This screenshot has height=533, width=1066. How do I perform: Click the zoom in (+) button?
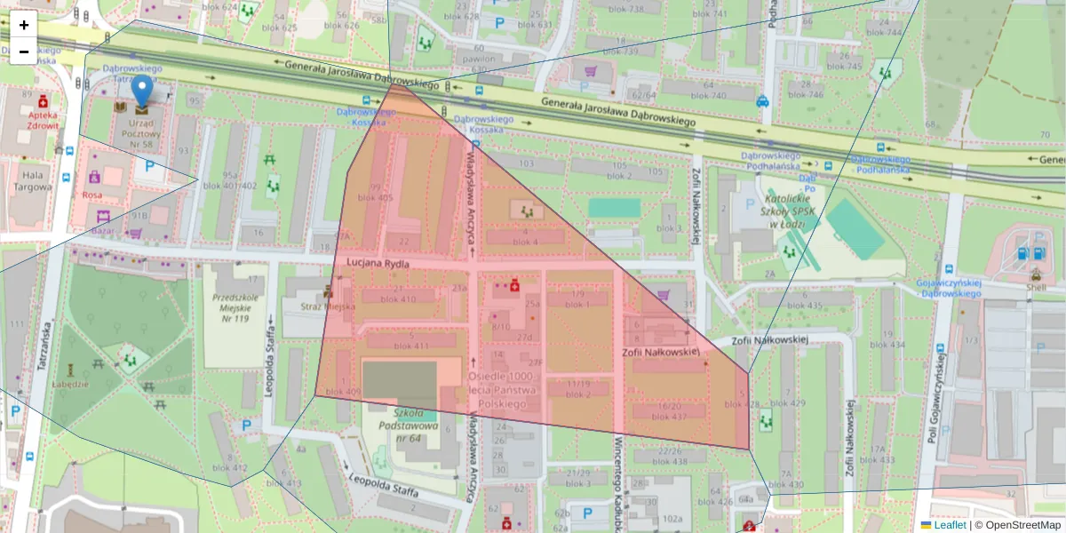point(24,25)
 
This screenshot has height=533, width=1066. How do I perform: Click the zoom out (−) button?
point(24,52)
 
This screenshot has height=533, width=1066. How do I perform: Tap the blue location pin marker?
point(141,92)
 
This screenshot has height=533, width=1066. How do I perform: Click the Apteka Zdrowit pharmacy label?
point(43,120)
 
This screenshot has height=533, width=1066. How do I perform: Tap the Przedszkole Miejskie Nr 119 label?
point(235,305)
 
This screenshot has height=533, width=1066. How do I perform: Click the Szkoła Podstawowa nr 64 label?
point(416,431)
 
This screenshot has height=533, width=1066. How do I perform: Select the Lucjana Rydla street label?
point(378,264)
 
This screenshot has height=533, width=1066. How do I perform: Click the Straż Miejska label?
point(329,306)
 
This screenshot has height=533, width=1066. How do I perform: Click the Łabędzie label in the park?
point(71,384)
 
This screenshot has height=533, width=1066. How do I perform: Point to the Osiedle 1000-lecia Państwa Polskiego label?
point(503,390)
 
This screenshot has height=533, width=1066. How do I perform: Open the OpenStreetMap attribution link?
point(1022,525)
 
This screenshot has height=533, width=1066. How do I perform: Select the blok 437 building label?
point(671,416)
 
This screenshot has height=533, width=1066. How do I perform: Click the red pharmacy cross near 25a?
point(513,285)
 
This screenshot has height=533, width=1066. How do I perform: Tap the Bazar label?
point(103,230)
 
